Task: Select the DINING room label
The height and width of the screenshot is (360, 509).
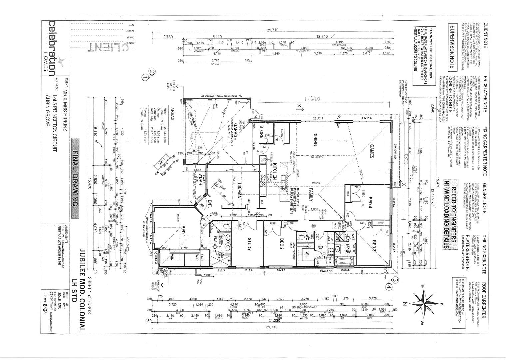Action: pos(315,139)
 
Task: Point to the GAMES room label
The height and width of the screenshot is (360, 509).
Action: pos(372,151)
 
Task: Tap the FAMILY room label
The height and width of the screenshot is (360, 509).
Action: pos(310,195)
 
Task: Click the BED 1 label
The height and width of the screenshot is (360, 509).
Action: pos(183,231)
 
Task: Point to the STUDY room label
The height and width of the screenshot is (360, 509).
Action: pos(249,244)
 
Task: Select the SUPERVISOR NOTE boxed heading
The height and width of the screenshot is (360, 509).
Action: pos(452,47)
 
